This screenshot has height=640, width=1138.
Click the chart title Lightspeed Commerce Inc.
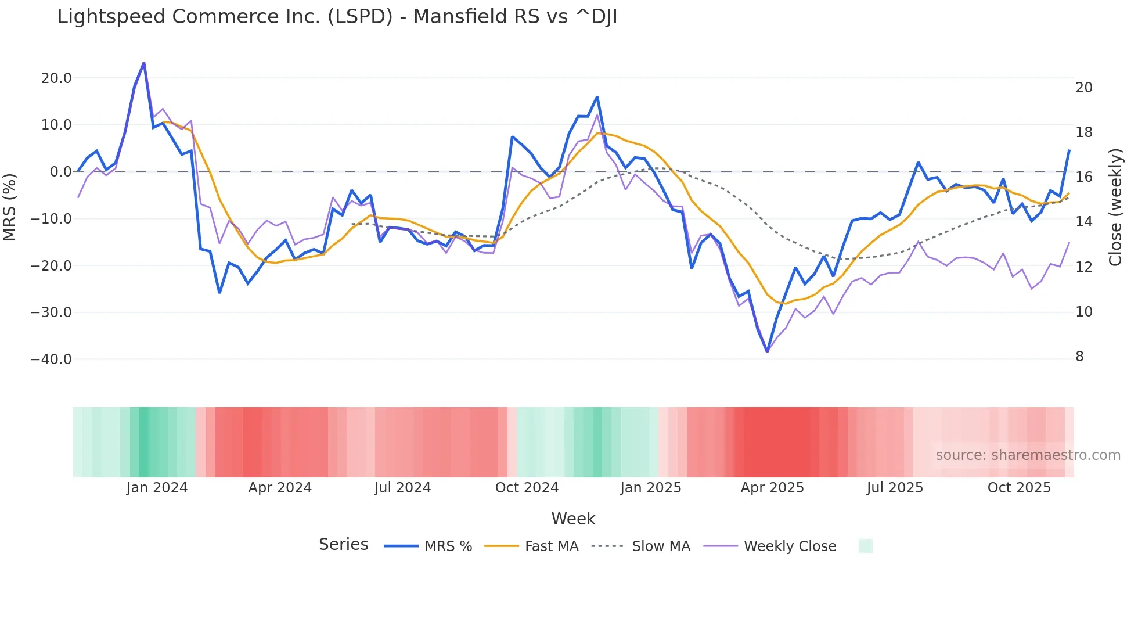tap(337, 17)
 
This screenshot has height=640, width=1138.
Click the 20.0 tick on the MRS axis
tap(56, 78)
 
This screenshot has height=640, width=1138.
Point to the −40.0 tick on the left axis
tap(51, 359)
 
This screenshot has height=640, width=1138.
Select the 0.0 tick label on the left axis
tap(61, 172)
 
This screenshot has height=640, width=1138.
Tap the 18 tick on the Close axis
tap(1083, 132)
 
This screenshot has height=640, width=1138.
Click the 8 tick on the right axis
tap(1079, 357)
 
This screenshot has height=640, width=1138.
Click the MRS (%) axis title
tap(10, 207)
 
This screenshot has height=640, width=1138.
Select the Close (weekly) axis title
tap(1115, 207)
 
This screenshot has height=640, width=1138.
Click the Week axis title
tap(573, 519)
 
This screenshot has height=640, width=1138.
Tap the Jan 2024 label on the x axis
tap(157, 488)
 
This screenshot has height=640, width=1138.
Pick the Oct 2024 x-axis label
tap(527, 488)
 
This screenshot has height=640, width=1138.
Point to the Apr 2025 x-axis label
tap(772, 488)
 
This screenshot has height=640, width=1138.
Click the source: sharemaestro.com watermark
tap(1028, 455)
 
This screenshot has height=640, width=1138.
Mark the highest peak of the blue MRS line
tap(144, 63)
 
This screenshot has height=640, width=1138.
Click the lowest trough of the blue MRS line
tap(767, 351)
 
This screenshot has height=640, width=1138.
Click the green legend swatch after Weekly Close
tap(865, 546)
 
